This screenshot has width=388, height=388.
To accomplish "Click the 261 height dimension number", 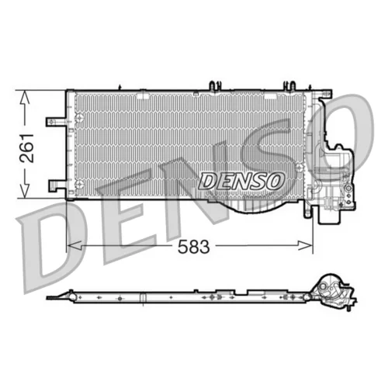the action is (x=27, y=148).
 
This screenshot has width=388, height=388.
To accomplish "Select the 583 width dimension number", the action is (x=194, y=246).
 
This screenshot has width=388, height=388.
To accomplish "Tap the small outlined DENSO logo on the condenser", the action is (x=241, y=181).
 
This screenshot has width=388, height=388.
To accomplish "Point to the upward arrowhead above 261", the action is (x=25, y=98).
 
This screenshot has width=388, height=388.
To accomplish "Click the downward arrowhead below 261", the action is (x=25, y=191).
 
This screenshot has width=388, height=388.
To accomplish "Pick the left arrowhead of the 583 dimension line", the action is (x=74, y=245).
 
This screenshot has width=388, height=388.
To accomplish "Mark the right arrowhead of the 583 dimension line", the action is (x=305, y=245).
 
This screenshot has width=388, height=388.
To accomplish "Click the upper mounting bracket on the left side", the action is (x=56, y=122).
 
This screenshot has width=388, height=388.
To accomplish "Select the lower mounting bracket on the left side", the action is (x=57, y=185).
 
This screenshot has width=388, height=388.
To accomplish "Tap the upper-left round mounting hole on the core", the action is (x=79, y=118).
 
